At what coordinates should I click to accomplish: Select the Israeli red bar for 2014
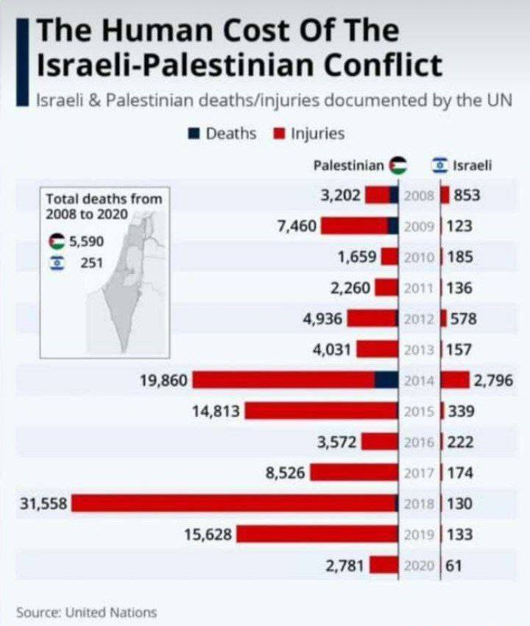456,380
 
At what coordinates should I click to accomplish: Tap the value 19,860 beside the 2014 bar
164,381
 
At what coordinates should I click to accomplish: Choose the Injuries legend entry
308,133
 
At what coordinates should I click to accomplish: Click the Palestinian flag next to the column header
398,166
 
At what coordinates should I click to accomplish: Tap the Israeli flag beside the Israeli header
440,166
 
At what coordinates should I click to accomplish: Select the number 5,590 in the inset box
87,242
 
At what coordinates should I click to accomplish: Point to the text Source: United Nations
86,612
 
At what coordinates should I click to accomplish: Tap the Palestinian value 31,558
43,504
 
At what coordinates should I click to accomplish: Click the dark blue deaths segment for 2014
385,380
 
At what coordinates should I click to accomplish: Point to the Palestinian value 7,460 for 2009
297,226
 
